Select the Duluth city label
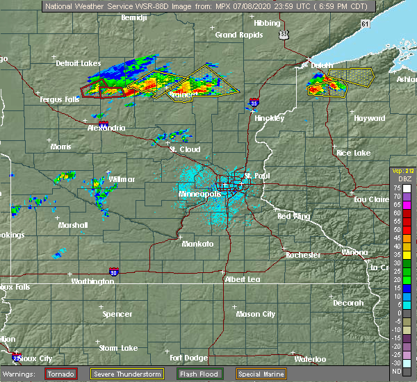pos(321,65)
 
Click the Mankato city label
pos(197,244)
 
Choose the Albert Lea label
pos(243,279)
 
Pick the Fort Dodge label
pos(188,358)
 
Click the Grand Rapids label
pos(234,35)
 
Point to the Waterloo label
pos(311,359)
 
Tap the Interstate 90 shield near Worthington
pos(114,272)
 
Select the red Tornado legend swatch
pos(61,374)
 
